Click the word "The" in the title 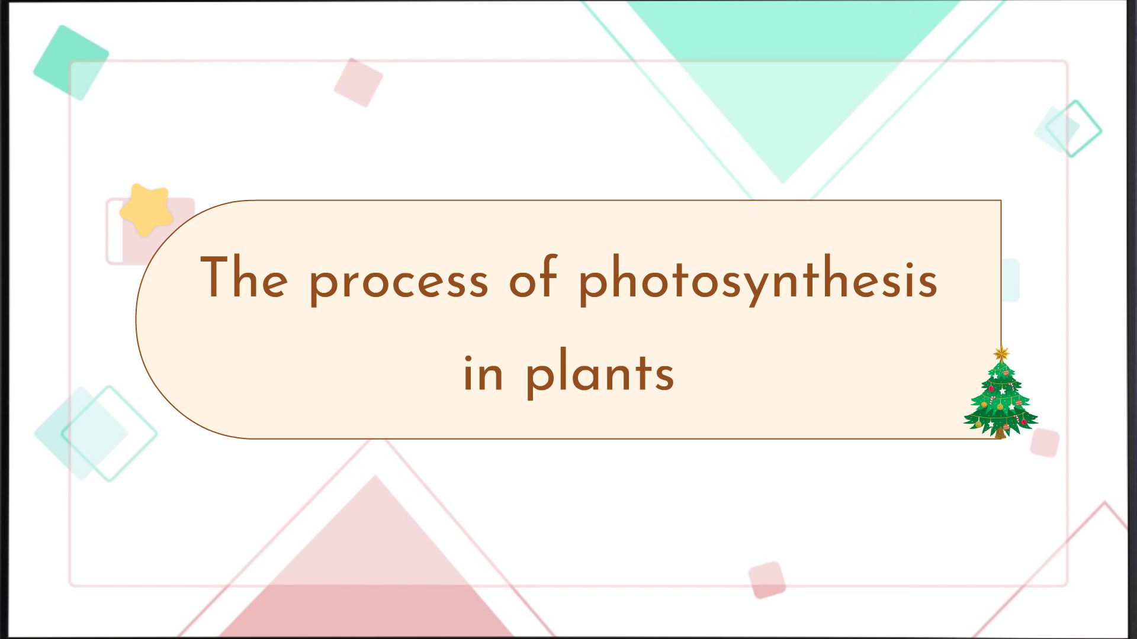(244, 277)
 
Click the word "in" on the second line (483, 374)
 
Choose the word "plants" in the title (600, 374)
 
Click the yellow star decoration (146, 209)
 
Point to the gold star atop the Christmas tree (1001, 354)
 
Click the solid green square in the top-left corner (70, 62)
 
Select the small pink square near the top (358, 82)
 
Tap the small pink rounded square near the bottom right (767, 580)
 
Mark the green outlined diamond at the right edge (1073, 128)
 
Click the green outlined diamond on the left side (109, 433)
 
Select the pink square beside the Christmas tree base (1045, 443)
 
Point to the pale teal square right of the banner (1011, 280)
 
